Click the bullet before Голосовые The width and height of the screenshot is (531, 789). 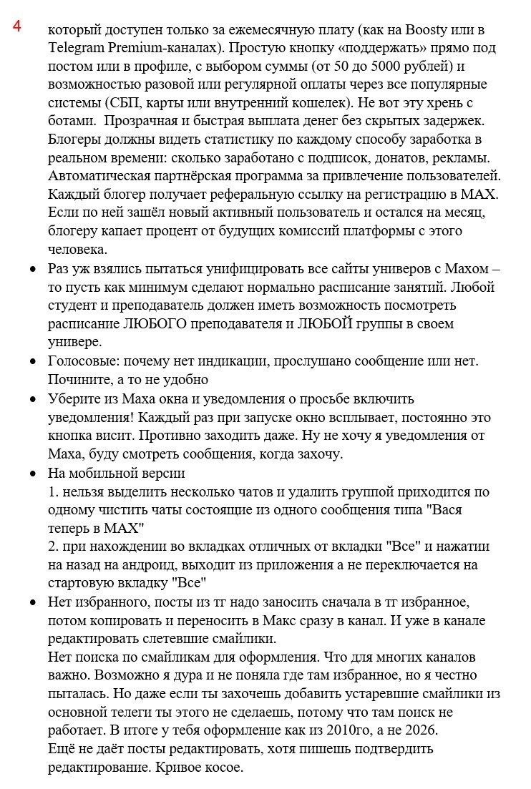click(33, 361)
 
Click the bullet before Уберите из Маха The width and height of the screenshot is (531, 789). click(33, 399)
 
